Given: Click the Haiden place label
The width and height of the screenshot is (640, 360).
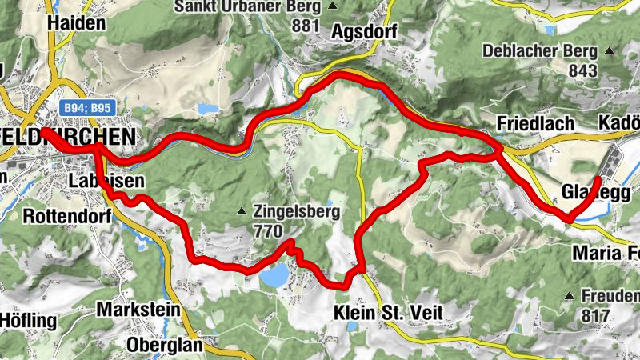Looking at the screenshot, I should tap(77, 23).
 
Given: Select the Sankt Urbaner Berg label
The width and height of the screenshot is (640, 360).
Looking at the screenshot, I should tap(246, 7).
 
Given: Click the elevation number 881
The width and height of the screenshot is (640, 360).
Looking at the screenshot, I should tap(306, 26).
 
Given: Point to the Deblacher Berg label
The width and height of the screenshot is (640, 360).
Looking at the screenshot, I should tap(540, 51).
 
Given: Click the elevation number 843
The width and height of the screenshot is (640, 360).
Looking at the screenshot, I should tap(584, 70).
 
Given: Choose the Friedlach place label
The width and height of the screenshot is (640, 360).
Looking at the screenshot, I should tap(535, 124).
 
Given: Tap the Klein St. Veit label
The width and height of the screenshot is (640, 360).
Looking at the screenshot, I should tap(383, 313).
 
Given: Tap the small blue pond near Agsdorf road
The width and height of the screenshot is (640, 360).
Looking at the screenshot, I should tap(208, 108).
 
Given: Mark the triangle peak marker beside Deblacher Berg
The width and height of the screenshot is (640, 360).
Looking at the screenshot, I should tap(610, 51).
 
